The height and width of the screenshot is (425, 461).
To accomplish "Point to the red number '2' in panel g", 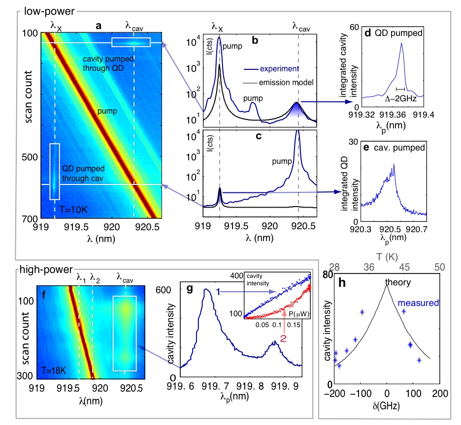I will (x=283, y=339).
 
